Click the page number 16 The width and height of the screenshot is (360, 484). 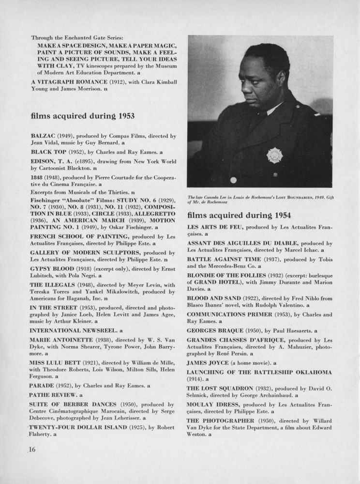(32, 449)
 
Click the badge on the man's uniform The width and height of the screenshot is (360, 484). (274, 156)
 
